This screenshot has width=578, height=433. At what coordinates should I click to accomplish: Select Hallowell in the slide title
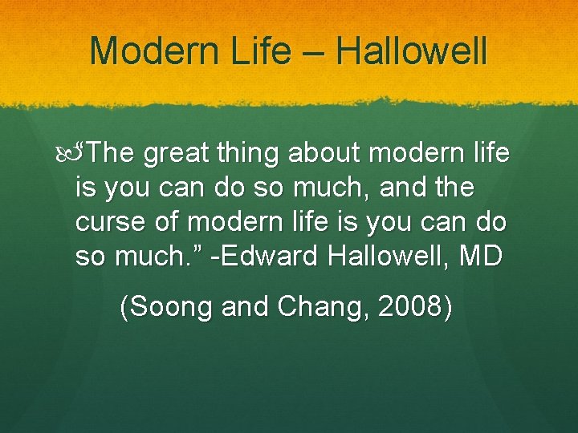[x=412, y=51]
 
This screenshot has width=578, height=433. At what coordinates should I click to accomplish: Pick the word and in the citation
[x=238, y=307]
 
